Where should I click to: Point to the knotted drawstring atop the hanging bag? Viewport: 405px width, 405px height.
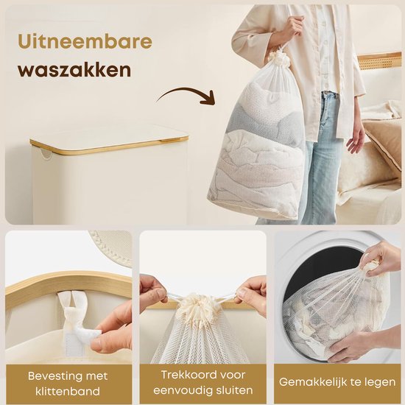[279, 57]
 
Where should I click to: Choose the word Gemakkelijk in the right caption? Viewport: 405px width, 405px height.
[314, 382]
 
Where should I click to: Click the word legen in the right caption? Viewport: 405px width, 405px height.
[378, 382]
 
